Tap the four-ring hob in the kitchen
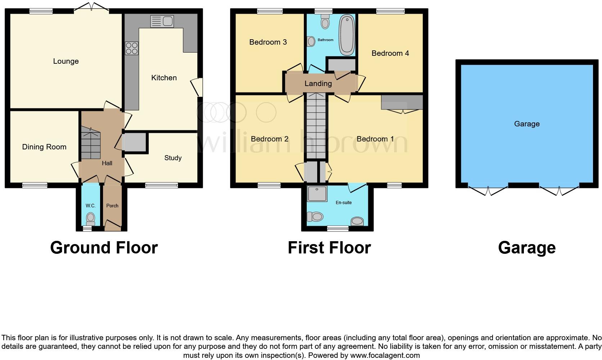131,48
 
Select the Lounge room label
66,61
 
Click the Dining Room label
44,147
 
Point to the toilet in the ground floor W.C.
90,218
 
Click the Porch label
112,206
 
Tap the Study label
173,158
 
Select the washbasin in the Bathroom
311,41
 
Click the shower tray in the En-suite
317,194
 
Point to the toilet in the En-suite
315,216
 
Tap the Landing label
318,84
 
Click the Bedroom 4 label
390,53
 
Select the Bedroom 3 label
268,42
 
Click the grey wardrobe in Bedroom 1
402,102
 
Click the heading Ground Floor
104,248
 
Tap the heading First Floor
329,248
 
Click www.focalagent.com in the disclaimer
385,355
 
